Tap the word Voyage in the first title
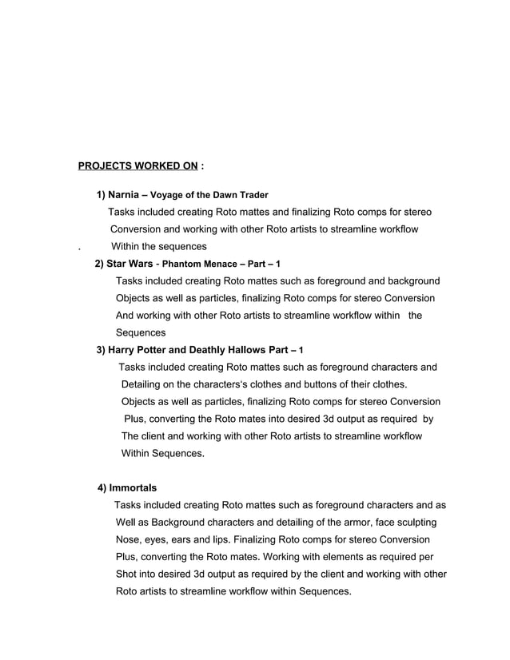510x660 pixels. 167,194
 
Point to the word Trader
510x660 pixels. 252,194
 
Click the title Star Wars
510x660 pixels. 130,264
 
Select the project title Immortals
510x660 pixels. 133,487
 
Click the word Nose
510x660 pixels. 129,539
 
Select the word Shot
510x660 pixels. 128,575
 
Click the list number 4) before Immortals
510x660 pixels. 102,487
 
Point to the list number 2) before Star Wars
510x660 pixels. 100,264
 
